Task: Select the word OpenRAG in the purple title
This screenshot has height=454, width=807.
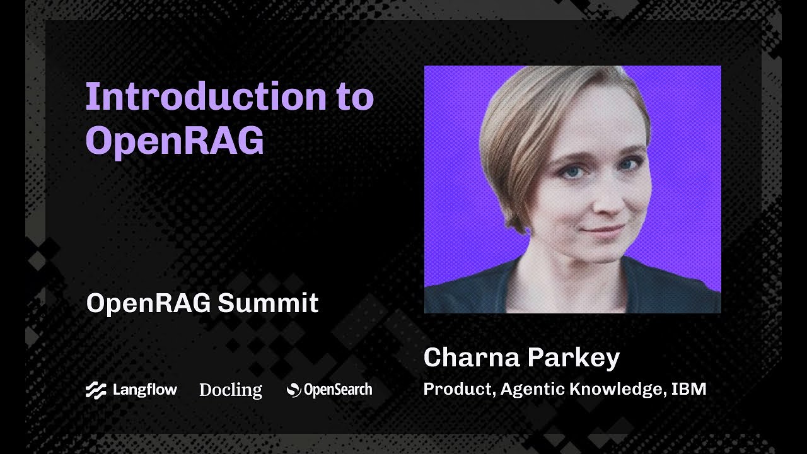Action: coord(175,141)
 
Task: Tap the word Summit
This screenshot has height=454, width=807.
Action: coord(268,303)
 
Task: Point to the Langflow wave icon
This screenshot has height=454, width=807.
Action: coord(96,390)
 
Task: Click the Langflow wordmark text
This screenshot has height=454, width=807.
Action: coord(144,390)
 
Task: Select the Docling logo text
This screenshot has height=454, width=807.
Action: coord(231,390)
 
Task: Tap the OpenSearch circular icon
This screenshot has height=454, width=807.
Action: coord(294,390)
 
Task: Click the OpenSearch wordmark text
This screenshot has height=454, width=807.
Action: coord(338,390)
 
